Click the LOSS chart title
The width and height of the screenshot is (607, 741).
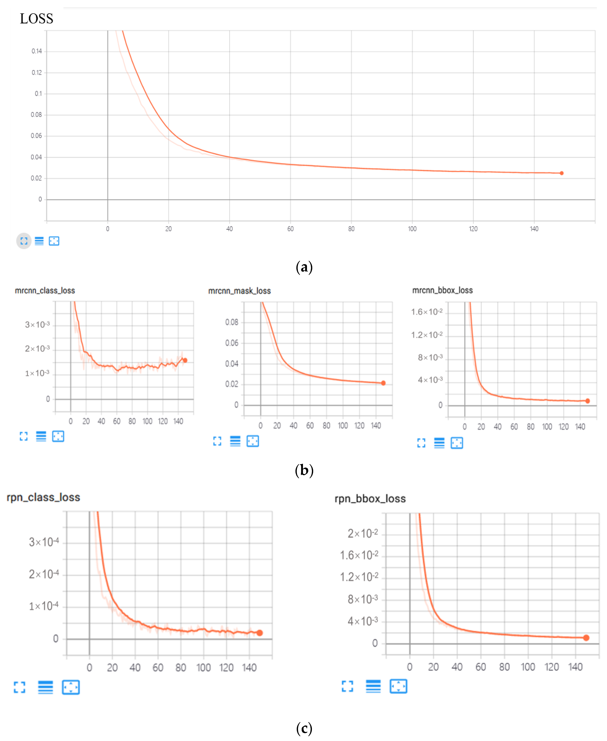coord(36,18)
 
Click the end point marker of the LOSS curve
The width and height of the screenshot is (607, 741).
coord(562,173)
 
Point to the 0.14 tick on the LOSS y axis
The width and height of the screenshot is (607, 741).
coord(37,51)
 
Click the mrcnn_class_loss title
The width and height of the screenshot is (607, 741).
coord(45,290)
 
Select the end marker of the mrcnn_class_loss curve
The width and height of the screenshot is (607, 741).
coord(185,360)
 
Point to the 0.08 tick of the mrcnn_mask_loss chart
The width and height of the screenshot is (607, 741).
coord(232,322)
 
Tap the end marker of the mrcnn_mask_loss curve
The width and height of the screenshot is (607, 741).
coord(383,383)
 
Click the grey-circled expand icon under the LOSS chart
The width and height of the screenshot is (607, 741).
coord(24,241)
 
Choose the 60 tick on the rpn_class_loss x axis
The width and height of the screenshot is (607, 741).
coord(158,668)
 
